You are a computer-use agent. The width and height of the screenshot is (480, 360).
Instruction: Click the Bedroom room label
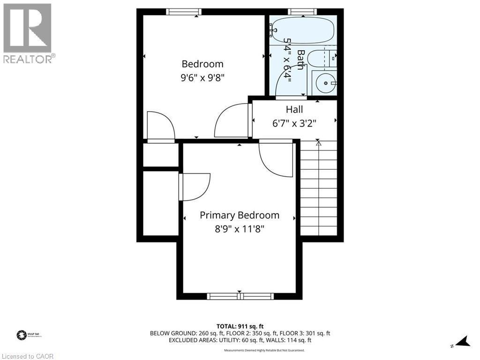202,64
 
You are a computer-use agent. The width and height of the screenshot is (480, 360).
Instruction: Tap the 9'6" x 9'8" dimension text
202,78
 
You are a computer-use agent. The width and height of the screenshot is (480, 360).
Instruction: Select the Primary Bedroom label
239,215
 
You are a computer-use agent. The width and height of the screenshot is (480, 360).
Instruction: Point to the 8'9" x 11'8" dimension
239,229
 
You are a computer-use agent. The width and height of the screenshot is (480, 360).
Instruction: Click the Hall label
294,109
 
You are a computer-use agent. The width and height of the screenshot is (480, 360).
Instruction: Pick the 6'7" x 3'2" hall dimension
294,123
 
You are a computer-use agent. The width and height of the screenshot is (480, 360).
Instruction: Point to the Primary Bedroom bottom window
240,296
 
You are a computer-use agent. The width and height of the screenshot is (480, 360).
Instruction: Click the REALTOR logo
28,33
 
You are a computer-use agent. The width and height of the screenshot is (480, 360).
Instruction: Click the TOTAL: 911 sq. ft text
240,326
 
